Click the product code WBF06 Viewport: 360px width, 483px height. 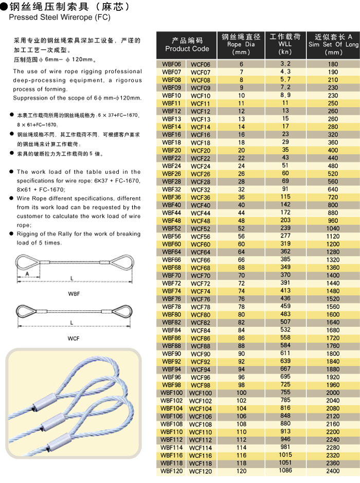pyautogui.click(x=171, y=64)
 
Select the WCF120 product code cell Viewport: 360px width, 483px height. pyautogui.click(x=200, y=471)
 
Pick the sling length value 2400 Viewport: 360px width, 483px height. pyautogui.click(x=333, y=471)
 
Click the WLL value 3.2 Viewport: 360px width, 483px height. pyautogui.click(x=285, y=64)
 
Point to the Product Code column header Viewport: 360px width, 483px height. pyautogui.click(x=187, y=45)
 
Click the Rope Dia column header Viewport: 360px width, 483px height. pyautogui.click(x=241, y=44)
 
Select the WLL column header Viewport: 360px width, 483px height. pyautogui.click(x=285, y=44)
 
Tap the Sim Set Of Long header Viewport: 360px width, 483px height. pyautogui.click(x=333, y=45)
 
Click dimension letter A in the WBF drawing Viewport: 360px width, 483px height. pyautogui.click(x=27, y=273)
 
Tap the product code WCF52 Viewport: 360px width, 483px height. pyautogui.click(x=200, y=229)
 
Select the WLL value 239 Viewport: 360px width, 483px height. pyautogui.click(x=285, y=228)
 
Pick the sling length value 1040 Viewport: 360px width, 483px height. pyautogui.click(x=333, y=229)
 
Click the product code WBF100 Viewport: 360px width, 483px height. pyautogui.click(x=171, y=393)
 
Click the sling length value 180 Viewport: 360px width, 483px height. pyautogui.click(x=333, y=64)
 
